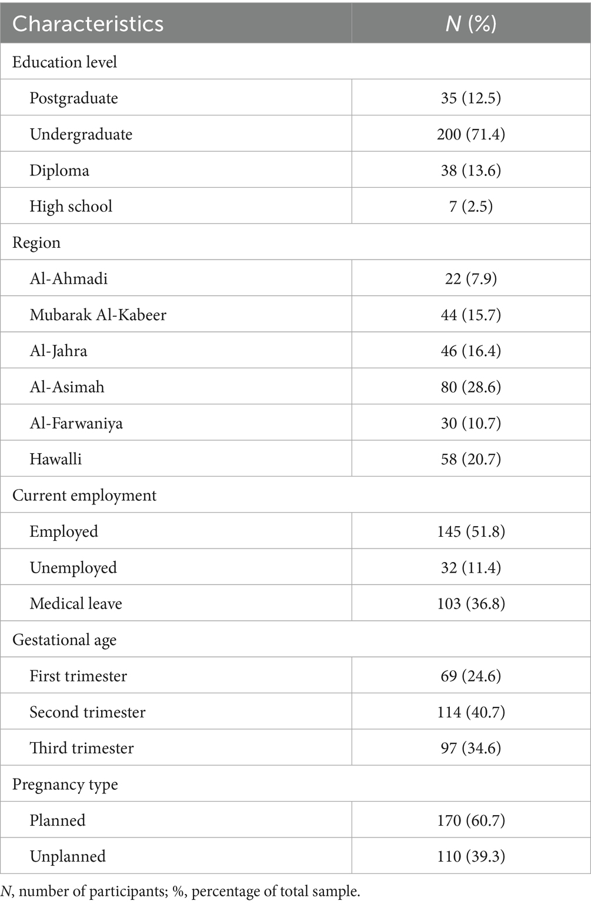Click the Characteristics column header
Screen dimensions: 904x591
click(x=88, y=24)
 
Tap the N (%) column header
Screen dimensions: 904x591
click(x=470, y=24)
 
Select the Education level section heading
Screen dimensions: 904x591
click(x=65, y=62)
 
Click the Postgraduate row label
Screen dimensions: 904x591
click(x=74, y=98)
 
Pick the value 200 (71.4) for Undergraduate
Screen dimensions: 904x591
click(x=470, y=134)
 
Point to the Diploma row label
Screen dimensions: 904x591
click(x=59, y=170)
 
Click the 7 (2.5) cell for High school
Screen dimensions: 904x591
click(x=470, y=206)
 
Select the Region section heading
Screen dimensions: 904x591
click(x=36, y=242)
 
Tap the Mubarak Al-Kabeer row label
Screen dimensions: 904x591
click(x=98, y=315)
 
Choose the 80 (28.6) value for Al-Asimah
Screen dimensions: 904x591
click(x=470, y=387)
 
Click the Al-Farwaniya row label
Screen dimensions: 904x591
click(x=76, y=423)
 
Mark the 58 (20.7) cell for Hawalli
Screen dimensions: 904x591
click(x=470, y=459)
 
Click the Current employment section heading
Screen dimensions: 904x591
click(x=84, y=496)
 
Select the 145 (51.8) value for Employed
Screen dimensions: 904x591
click(x=470, y=531)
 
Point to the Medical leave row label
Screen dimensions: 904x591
click(x=76, y=603)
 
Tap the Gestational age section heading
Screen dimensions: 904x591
click(x=64, y=640)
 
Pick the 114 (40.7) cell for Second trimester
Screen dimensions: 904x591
click(x=470, y=712)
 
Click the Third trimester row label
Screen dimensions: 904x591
click(x=82, y=748)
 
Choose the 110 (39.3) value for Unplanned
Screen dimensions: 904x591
click(x=470, y=856)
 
